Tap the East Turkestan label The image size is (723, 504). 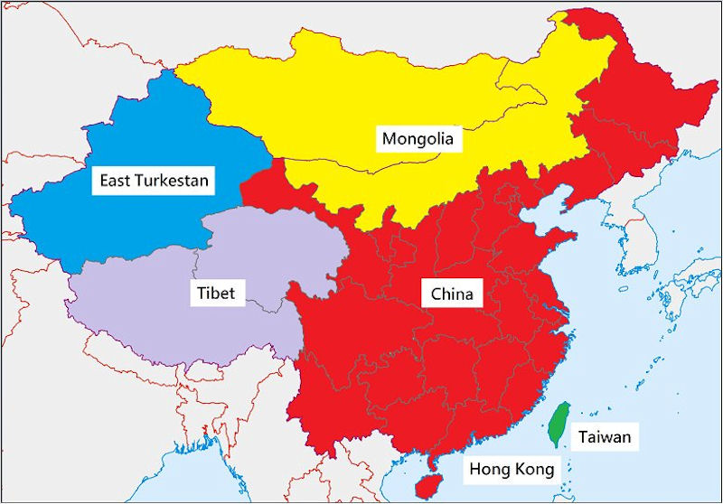coord(154,181)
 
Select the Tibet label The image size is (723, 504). coord(216,294)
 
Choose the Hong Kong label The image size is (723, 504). coord(509,469)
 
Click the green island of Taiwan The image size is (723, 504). coord(560,425)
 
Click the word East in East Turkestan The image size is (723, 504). coord(115,181)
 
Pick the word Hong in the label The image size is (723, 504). coord(485,469)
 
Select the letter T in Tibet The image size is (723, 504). coord(201,294)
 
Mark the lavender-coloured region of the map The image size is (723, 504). coord(163,316)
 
